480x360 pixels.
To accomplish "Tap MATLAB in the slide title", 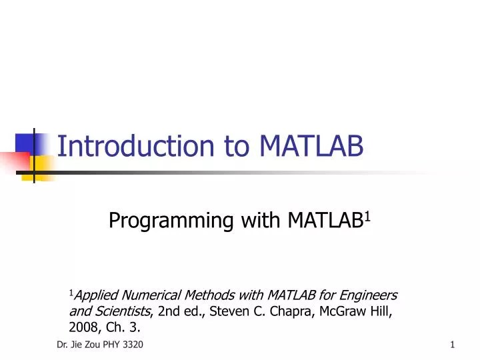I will tap(311, 146).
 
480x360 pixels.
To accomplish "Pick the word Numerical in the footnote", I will tap(147, 295).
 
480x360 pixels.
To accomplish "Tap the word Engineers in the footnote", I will tap(369, 295).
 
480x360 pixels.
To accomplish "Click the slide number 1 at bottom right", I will tap(452, 343).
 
